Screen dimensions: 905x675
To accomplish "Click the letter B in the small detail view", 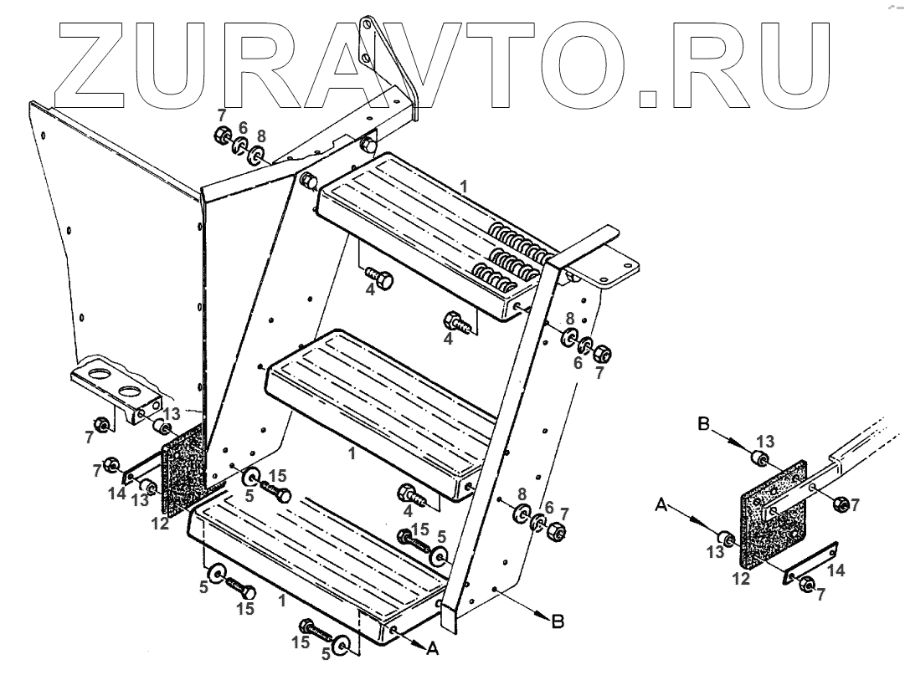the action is point(705,424).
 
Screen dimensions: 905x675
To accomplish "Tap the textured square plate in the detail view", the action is point(774,514).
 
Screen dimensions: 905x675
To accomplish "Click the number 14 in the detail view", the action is point(836,570).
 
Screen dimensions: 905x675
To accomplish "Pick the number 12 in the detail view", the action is point(741,578).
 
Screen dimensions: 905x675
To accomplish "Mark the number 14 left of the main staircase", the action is point(117,494).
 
